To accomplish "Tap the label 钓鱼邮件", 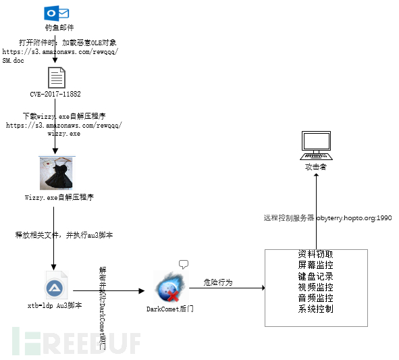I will click(x=55, y=29).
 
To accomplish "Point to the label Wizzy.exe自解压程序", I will click(x=59, y=197).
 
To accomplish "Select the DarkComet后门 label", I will click(x=169, y=309).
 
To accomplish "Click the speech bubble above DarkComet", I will click(x=183, y=263).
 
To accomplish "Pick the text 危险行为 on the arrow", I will click(x=218, y=282).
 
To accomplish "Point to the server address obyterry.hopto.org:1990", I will click(x=354, y=218).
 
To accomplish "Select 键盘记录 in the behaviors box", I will click(x=315, y=276).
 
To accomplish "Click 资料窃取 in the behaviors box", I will click(x=315, y=254).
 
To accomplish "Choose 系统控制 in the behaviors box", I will click(x=315, y=309).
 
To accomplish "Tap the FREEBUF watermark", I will click(x=74, y=340).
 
